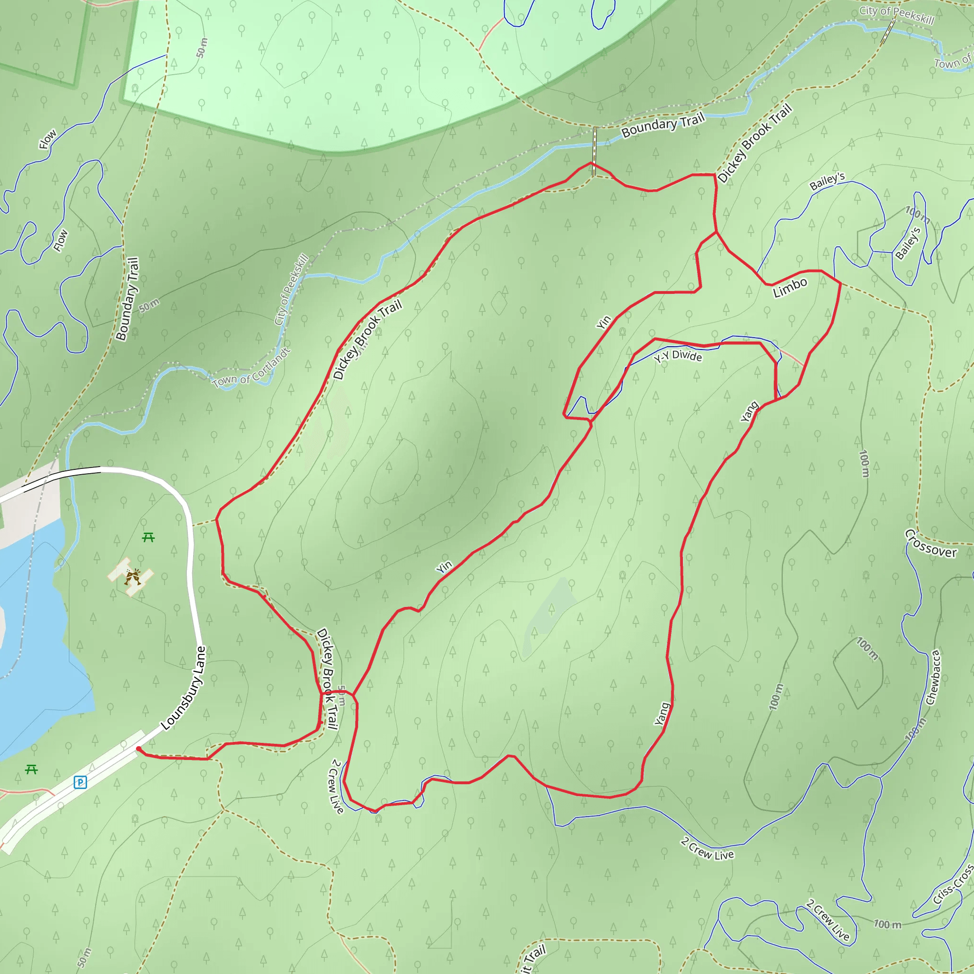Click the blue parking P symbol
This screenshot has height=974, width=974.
[80, 782]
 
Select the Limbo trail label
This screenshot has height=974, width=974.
[790, 287]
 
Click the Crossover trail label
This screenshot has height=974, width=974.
[931, 544]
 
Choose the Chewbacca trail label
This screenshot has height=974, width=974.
[933, 677]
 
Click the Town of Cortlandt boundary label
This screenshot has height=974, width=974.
[252, 368]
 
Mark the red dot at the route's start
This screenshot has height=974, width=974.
[139, 749]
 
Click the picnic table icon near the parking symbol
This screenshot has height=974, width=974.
[31, 769]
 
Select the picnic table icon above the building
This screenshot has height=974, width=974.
[148, 537]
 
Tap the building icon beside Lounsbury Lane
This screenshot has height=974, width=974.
[132, 576]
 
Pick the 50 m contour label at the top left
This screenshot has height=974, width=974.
[202, 48]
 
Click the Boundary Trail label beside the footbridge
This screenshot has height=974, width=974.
[663, 125]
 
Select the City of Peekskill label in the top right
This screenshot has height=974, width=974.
[897, 15]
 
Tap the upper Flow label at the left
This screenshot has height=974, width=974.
[48, 139]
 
